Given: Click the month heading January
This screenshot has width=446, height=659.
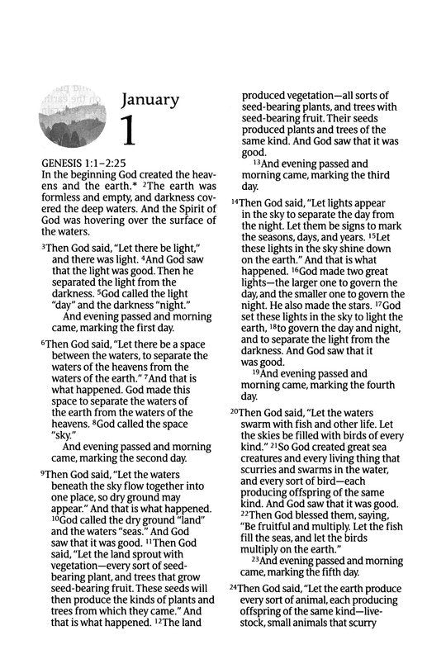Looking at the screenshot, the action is click(x=149, y=100).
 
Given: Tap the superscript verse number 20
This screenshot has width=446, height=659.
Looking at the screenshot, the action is click(x=235, y=411).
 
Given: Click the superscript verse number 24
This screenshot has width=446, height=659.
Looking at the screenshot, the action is click(x=235, y=587).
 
